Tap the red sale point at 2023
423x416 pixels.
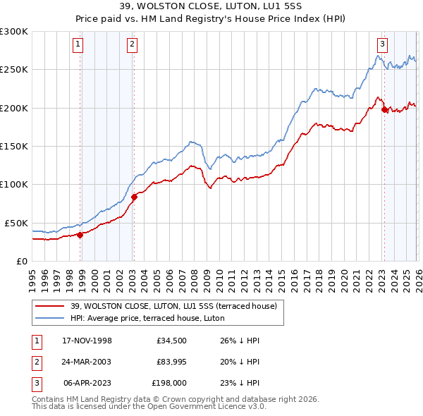(384, 109)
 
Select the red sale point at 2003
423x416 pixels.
(134, 197)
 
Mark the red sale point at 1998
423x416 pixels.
(80, 235)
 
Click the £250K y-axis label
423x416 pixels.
(14, 70)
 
